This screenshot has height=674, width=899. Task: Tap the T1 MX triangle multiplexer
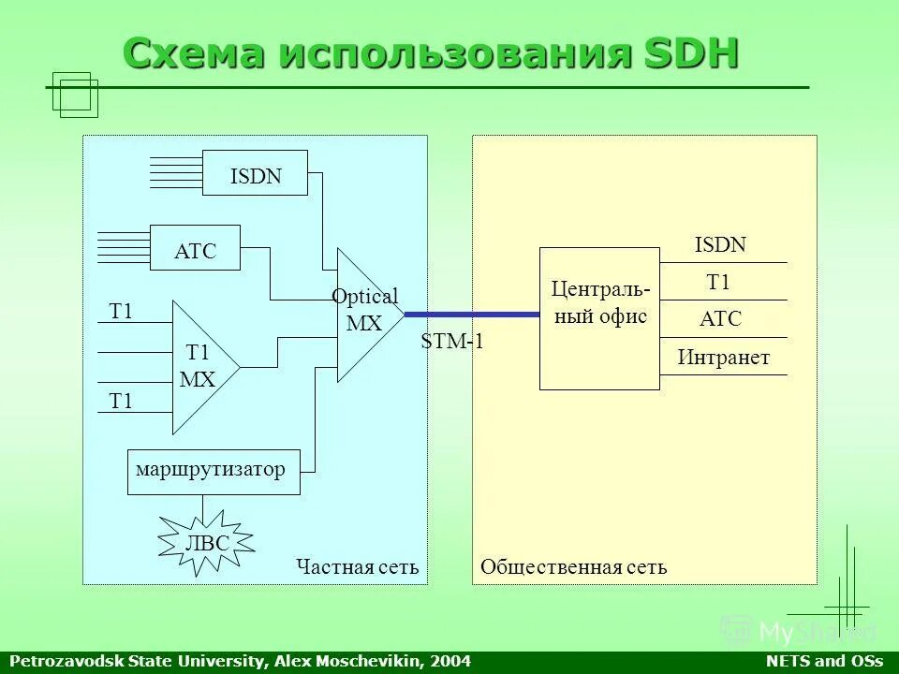click(x=199, y=367)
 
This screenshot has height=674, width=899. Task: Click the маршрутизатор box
click(x=214, y=471)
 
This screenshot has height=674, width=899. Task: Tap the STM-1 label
click(x=452, y=342)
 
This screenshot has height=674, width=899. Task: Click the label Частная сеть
click(x=357, y=567)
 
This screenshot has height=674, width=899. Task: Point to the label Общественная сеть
click(x=573, y=567)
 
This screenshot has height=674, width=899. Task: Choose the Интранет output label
click(x=723, y=358)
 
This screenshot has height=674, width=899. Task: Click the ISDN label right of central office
click(x=720, y=245)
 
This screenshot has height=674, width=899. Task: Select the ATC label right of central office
click(x=720, y=319)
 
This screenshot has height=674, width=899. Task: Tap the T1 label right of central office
click(x=718, y=283)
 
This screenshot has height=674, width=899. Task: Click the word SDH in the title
click(x=690, y=53)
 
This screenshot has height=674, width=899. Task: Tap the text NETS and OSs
click(x=824, y=662)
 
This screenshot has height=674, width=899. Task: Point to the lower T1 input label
click(x=121, y=402)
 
